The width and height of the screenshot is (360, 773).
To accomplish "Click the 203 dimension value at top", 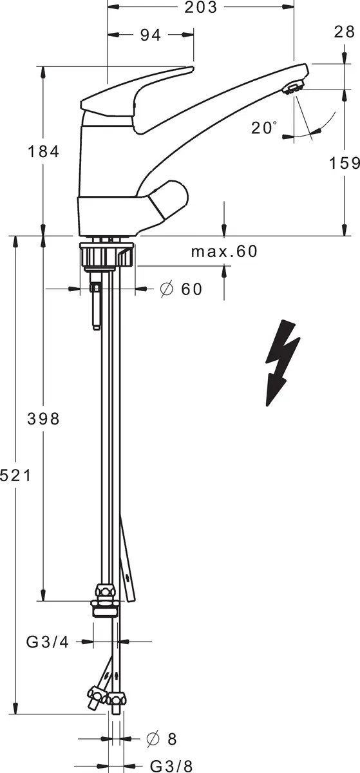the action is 201,7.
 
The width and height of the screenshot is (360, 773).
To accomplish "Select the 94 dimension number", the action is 151,35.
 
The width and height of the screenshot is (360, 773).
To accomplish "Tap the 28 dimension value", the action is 344,32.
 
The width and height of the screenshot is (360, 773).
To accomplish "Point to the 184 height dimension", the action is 44,151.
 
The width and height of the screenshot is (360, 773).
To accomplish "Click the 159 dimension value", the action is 344,163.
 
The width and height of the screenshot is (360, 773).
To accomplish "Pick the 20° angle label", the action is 264,128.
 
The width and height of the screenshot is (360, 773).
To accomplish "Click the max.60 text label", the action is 224,252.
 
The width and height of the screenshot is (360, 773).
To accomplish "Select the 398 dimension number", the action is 44,419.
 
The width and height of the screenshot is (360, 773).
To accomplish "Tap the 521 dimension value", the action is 15,476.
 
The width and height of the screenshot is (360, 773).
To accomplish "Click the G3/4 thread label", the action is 48,642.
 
